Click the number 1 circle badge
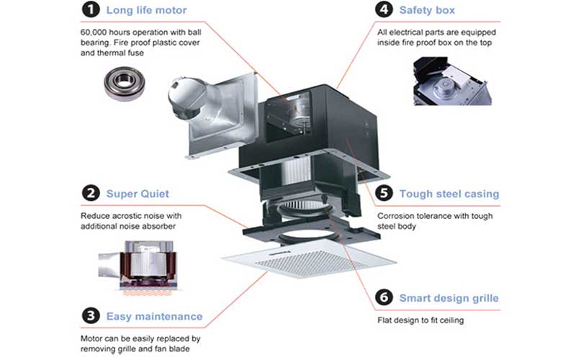point(89,11)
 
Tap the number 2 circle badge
point(89,194)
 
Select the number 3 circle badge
point(89,316)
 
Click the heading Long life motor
point(145,11)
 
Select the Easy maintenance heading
point(154,316)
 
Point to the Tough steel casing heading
point(449,194)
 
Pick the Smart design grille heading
point(449,298)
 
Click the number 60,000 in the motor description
point(95,33)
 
